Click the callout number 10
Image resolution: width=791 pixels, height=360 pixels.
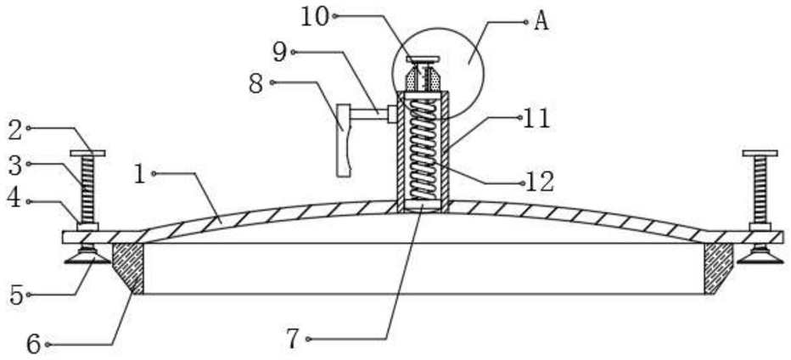(315, 17)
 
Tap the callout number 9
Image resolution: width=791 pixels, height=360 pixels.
(280, 52)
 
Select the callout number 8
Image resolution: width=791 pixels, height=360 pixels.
(256, 84)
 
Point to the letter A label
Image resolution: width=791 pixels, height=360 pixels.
(541, 22)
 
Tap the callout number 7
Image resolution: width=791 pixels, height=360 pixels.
(294, 340)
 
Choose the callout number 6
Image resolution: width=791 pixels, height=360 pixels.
(33, 345)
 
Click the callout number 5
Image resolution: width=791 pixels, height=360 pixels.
(17, 295)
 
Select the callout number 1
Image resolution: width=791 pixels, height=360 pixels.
(141, 174)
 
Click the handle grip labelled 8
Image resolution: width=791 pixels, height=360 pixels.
(344, 140)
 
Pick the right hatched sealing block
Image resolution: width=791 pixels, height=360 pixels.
(718, 267)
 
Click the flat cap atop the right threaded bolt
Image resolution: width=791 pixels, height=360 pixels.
(760, 153)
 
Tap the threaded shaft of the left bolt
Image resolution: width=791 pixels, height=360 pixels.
(87, 189)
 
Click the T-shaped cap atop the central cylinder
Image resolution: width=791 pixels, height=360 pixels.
(423, 59)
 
